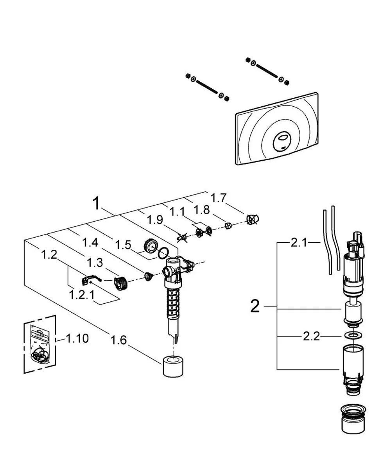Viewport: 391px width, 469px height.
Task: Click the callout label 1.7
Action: pyautogui.click(x=218, y=198)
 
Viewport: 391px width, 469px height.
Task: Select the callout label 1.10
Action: pyautogui.click(x=77, y=338)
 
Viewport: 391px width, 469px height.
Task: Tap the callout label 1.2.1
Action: pyautogui.click(x=82, y=295)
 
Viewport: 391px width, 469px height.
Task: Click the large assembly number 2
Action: pyautogui.click(x=255, y=306)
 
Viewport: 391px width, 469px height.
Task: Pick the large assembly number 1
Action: pyautogui.click(x=97, y=203)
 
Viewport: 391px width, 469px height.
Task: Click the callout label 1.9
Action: pyautogui.click(x=155, y=220)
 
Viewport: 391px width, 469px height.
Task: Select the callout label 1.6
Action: pyautogui.click(x=118, y=340)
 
